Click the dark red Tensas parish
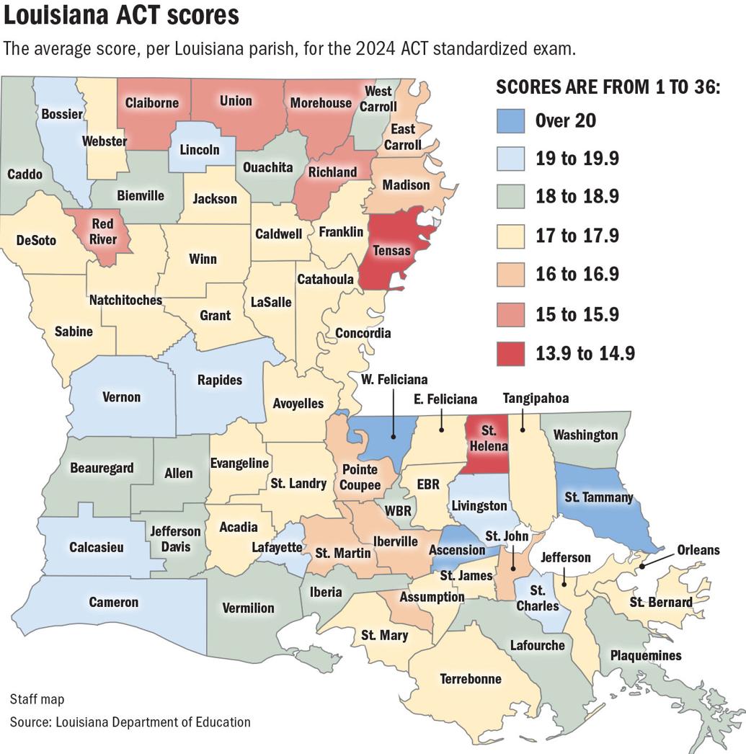coord(393,249)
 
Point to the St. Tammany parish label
coord(599,497)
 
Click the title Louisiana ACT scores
coord(122,15)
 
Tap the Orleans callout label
coord(698,550)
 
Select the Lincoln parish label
coord(200,150)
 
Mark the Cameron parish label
coord(113,602)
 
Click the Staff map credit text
coord(37,699)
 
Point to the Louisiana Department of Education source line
coord(130,722)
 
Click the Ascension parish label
coord(457,550)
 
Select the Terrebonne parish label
coord(471,678)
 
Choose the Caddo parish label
coord(25,174)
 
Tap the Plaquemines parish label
coord(645,655)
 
